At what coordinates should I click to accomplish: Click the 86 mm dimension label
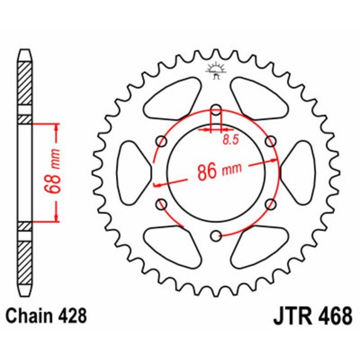[x=219, y=171]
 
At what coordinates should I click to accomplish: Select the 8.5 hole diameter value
[x=230, y=140]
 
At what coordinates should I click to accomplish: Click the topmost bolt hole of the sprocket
[x=216, y=109]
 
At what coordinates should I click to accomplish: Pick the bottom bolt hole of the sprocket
[x=216, y=234]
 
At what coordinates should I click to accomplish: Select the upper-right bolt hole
[x=270, y=141]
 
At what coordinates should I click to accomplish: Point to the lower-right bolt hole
[x=270, y=204]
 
